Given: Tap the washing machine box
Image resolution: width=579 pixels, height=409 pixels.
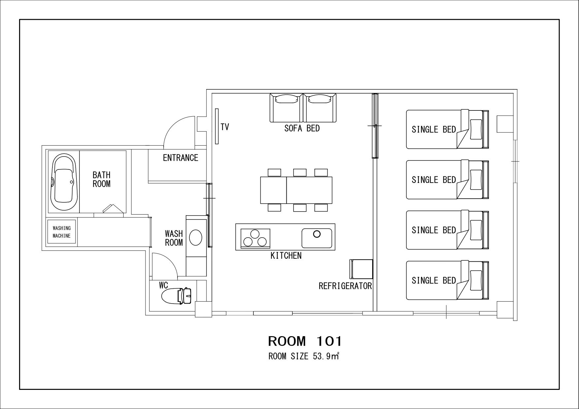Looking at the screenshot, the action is click(x=62, y=232).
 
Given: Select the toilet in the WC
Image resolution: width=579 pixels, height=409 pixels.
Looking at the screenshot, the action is click(x=177, y=296).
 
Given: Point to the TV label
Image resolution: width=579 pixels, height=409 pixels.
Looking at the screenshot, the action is click(x=225, y=127).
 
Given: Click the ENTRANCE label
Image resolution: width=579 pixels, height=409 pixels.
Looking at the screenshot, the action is click(x=180, y=158).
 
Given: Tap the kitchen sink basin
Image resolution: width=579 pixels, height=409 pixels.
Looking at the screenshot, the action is click(x=317, y=238).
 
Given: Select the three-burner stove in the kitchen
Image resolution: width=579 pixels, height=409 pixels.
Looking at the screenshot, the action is click(x=255, y=238).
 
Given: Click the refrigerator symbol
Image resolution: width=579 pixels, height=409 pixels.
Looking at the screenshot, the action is click(x=361, y=269).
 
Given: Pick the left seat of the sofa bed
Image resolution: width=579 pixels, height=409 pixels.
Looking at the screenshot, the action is click(x=286, y=108).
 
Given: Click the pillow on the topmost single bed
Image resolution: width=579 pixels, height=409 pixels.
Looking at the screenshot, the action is click(x=476, y=129).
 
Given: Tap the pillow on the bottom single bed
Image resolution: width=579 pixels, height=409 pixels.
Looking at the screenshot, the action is click(x=476, y=280).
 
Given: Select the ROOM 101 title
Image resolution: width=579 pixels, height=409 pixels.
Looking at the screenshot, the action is click(x=305, y=341).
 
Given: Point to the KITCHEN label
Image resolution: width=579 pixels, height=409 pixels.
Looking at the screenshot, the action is click(x=286, y=255).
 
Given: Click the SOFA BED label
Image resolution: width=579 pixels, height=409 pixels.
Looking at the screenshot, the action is click(x=302, y=128).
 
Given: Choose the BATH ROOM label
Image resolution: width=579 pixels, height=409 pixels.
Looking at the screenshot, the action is click(x=102, y=179).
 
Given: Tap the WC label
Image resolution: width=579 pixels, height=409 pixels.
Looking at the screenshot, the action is click(x=164, y=285).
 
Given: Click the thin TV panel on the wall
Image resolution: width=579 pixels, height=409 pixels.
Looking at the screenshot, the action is click(x=217, y=126).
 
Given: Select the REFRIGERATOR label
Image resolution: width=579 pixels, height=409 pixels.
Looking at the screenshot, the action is click(x=345, y=286).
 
